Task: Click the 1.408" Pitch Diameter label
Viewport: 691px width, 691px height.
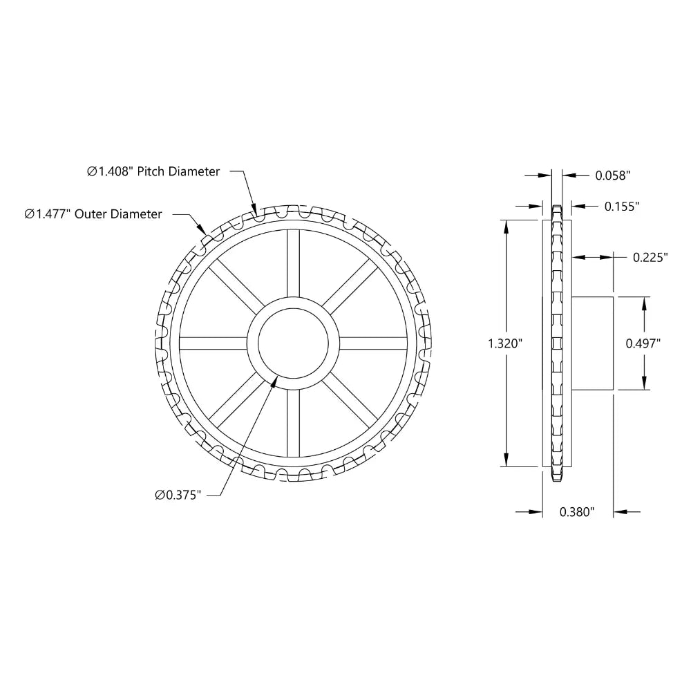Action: (x=153, y=171)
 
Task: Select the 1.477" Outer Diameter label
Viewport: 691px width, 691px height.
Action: (x=93, y=214)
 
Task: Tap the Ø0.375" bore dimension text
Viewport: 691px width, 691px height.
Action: (x=178, y=495)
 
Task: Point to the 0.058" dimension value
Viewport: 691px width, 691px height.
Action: (x=614, y=176)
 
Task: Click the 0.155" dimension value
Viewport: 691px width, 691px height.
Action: (x=622, y=206)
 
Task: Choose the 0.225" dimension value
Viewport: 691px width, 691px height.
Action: (x=650, y=257)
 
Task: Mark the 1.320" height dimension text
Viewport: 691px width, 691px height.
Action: (x=504, y=343)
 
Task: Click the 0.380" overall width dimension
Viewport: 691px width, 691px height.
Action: (x=577, y=512)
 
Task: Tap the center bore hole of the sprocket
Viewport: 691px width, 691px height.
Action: (x=293, y=343)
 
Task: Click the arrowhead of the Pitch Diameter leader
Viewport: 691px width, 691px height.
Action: (x=254, y=211)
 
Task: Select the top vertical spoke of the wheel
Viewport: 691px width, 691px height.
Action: (x=293, y=263)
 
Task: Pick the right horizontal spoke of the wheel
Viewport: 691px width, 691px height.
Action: (x=373, y=343)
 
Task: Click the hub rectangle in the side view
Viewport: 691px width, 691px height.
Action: (x=593, y=343)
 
